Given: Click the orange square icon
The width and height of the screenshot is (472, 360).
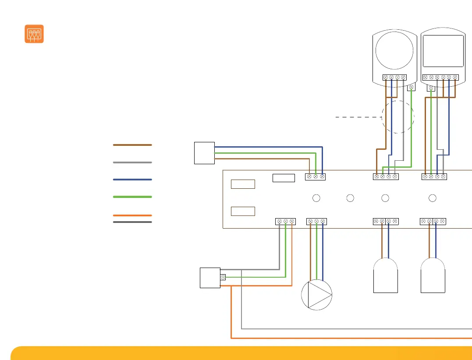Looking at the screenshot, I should click(x=34, y=34).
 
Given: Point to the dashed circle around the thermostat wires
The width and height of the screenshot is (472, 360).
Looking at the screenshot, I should click(x=397, y=117).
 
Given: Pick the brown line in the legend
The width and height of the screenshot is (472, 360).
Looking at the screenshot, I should click(x=132, y=145).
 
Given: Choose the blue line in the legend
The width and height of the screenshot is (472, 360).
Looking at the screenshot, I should click(x=132, y=180).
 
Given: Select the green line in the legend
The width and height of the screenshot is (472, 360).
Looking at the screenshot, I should click(x=132, y=197).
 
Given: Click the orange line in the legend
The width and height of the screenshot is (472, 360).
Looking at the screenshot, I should click(x=132, y=215).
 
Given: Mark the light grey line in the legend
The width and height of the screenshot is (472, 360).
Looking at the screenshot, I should click(x=132, y=162).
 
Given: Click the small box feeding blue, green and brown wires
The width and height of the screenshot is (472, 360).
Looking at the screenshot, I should click(x=204, y=153).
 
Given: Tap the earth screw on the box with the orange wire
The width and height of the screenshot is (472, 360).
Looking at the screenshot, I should click(x=223, y=277).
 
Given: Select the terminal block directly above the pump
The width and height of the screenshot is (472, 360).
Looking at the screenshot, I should click(x=316, y=222).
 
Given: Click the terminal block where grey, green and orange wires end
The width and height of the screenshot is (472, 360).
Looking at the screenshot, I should click(x=285, y=222).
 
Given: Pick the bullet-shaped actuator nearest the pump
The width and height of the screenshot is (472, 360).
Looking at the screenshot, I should click(x=386, y=275).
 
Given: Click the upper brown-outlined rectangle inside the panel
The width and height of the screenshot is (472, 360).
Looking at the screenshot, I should click(x=243, y=184).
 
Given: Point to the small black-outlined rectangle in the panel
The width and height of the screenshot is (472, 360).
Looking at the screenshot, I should click(x=284, y=177).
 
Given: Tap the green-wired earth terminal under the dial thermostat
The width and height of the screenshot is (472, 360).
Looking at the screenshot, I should click(x=411, y=88).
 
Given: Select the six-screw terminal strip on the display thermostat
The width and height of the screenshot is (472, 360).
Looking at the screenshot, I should click(x=440, y=78).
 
